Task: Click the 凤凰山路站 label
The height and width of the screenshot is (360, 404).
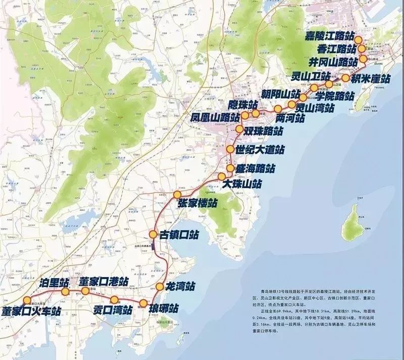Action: [x=215, y=117]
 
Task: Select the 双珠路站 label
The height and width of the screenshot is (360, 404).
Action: [x=263, y=130]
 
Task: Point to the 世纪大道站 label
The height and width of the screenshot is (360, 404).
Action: [x=260, y=150]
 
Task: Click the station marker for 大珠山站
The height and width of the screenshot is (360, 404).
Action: [x=221, y=176]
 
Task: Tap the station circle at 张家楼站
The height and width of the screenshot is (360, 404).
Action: [x=177, y=195]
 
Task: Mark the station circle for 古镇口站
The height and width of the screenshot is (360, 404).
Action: [x=153, y=234]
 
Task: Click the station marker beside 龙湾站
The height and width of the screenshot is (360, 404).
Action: [x=160, y=287]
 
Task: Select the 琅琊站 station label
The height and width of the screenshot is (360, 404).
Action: [x=163, y=307]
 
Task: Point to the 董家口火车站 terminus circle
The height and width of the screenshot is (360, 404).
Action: [x=27, y=300]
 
